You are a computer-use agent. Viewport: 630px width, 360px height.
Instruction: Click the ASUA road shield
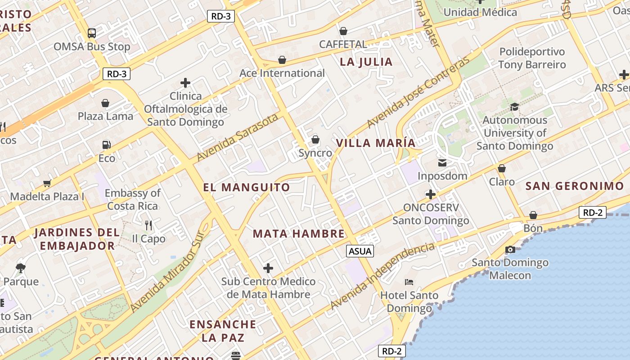360,251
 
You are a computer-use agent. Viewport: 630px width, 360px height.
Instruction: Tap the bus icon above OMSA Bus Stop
92,33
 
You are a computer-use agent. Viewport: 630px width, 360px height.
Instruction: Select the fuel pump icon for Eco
107,145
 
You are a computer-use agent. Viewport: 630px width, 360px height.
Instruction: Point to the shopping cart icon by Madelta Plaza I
47,183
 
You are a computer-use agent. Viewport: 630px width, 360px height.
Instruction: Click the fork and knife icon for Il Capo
148,225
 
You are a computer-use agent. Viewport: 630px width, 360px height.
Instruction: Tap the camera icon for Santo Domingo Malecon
510,249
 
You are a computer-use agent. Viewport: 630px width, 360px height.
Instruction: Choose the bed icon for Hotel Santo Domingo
409,282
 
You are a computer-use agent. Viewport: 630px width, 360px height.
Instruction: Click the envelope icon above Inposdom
442,162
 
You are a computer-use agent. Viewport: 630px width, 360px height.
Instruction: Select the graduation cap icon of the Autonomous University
514,107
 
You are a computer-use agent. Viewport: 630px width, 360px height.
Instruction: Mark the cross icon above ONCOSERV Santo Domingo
431,194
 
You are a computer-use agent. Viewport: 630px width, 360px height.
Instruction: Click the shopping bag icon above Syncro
315,139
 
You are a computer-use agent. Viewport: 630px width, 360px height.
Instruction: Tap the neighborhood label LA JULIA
366,62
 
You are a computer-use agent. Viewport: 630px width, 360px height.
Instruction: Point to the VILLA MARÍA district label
376,143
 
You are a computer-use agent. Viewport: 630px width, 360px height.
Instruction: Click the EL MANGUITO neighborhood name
247,187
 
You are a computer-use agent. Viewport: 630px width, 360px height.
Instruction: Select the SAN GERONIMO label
575,186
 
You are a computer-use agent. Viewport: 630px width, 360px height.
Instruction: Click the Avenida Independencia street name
383,276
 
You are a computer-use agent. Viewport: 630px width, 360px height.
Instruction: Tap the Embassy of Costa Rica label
133,199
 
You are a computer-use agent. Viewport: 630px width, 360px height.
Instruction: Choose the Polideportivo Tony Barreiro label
532,58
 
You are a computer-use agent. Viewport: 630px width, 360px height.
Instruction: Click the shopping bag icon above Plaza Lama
105,103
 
